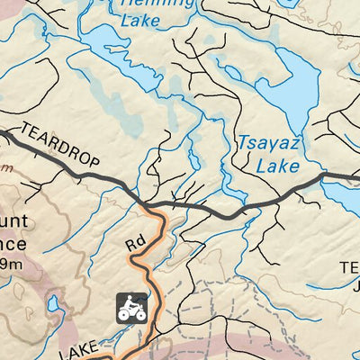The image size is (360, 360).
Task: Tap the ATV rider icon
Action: coord(132,307)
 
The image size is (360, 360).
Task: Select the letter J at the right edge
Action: coord(355,288)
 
